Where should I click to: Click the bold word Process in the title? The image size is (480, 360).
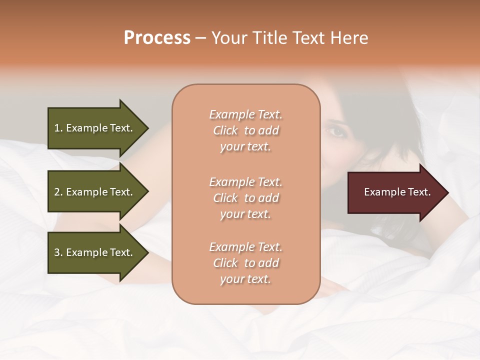click(x=157, y=38)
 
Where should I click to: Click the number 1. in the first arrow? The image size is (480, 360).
click(x=58, y=128)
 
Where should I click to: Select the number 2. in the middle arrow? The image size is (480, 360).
click(x=58, y=192)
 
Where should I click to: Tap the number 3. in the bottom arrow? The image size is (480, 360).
click(x=58, y=252)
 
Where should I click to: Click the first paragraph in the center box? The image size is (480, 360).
click(x=245, y=130)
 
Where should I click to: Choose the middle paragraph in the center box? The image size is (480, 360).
click(x=245, y=198)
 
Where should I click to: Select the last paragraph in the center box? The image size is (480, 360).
click(x=245, y=263)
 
